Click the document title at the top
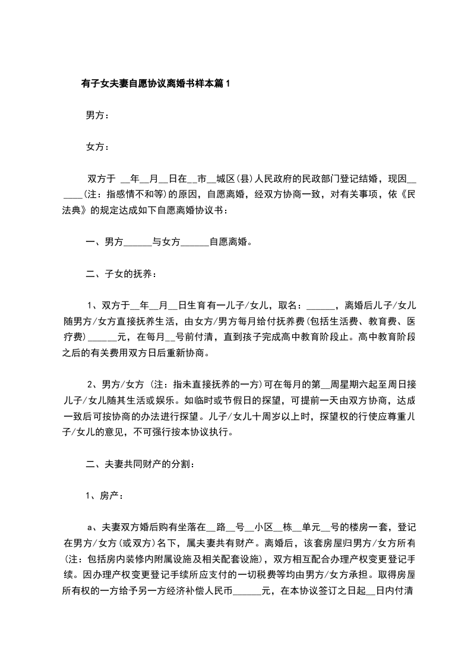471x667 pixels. (x=156, y=84)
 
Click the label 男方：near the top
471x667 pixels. (x=97, y=115)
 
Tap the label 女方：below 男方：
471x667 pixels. (x=97, y=147)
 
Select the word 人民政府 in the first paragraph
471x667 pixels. (x=276, y=178)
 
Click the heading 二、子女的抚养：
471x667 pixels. (x=121, y=273)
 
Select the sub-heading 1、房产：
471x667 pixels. (x=105, y=495)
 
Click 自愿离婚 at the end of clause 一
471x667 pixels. (x=228, y=242)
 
